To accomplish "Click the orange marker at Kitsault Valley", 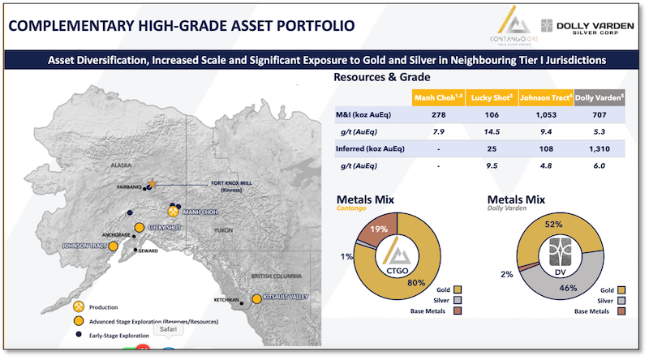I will (x=256, y=299).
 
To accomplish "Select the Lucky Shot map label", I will (x=165, y=228).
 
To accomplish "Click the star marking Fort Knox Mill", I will (x=152, y=184).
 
